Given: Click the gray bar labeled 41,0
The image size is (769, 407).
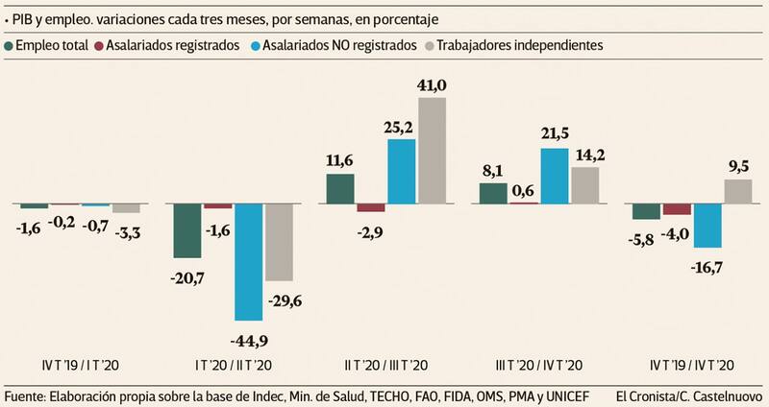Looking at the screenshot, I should click(433, 151).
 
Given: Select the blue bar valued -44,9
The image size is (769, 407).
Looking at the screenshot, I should click(249, 262).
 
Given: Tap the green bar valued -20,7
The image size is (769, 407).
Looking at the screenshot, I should click(187, 230).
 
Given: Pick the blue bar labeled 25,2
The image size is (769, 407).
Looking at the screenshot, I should click(402, 172).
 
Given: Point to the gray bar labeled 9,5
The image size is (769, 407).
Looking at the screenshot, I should click(738, 192).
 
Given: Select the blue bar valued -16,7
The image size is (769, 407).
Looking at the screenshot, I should click(707, 226).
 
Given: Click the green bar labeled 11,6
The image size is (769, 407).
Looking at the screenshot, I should click(341, 189).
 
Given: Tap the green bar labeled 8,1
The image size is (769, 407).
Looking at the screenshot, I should click(493, 194).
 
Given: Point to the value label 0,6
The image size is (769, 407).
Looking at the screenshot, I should click(524, 191).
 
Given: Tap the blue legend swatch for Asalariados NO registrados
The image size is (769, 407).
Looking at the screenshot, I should click(256, 45).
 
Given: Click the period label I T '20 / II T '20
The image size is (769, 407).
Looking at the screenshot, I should click(234, 365).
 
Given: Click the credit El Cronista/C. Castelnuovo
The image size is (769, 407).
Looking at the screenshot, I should click(689, 395).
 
